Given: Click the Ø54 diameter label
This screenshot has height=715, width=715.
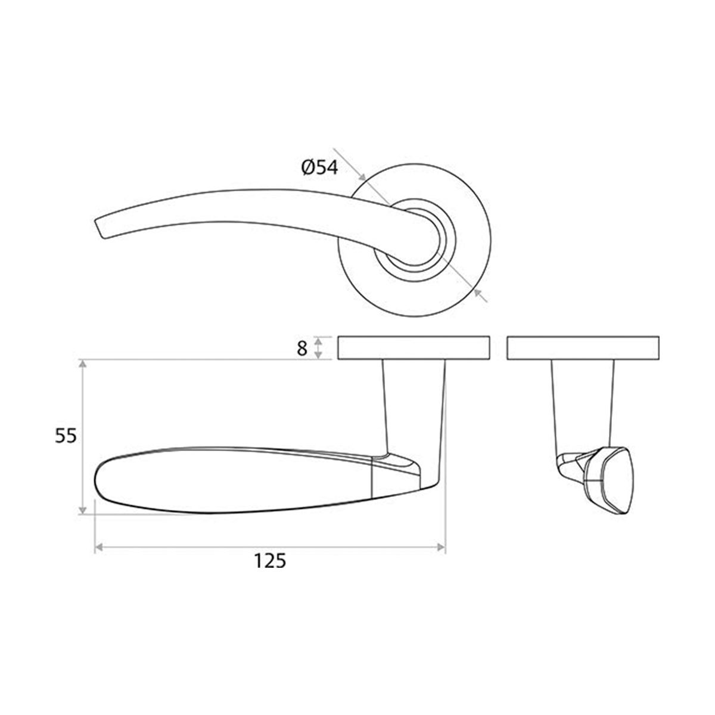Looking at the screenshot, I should [320, 169].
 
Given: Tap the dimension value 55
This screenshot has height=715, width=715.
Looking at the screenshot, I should [66, 436].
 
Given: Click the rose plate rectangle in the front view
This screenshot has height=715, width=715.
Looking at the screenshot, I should [414, 349].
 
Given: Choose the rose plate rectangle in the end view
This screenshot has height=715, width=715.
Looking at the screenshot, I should [583, 349].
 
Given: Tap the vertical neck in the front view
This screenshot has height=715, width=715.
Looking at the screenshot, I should [414, 411].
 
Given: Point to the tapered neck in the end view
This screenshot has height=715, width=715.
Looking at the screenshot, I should [583, 405].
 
